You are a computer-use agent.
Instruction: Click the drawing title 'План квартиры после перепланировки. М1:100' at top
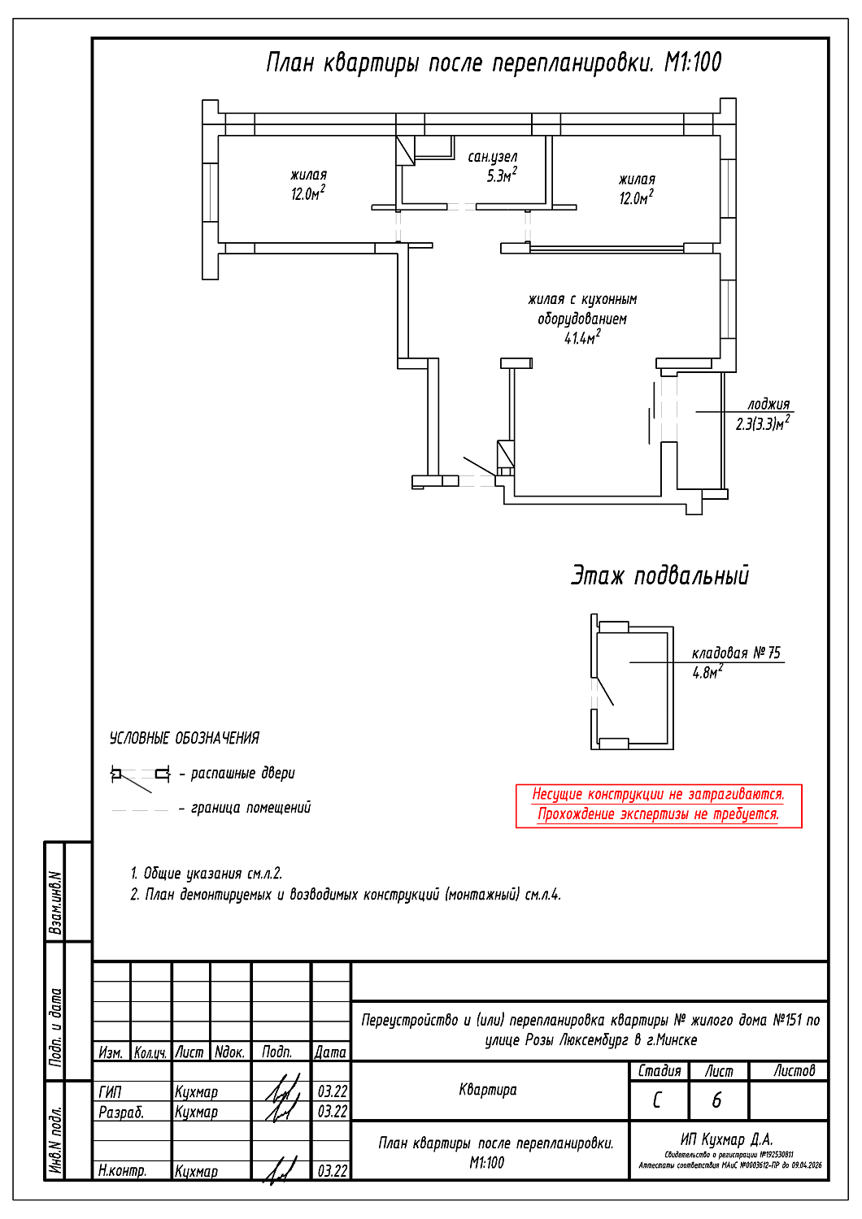click(x=494, y=63)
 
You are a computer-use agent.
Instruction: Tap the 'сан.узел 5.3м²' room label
click(x=493, y=166)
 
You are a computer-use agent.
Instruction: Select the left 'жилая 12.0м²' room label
click(x=308, y=184)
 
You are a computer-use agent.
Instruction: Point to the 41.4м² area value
click(x=582, y=337)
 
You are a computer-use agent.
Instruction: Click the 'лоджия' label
click(x=768, y=404)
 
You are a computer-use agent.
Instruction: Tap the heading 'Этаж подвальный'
click(x=660, y=575)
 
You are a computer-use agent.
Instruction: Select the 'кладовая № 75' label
click(x=736, y=653)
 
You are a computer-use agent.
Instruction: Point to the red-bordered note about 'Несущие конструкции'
click(x=659, y=805)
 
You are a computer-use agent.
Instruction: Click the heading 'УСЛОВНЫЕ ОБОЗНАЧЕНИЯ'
click(x=185, y=738)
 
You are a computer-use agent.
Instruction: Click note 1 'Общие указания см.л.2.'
click(x=207, y=874)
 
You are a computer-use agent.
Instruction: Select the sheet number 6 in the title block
click(x=716, y=1100)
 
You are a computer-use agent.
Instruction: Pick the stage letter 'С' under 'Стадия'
click(x=657, y=1100)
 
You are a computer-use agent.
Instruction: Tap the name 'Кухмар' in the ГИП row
click(x=196, y=1092)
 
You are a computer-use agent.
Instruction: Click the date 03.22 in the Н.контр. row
click(x=332, y=1171)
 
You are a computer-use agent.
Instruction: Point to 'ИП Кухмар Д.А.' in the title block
click(x=726, y=1139)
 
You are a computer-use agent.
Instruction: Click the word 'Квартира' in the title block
click(x=488, y=1090)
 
